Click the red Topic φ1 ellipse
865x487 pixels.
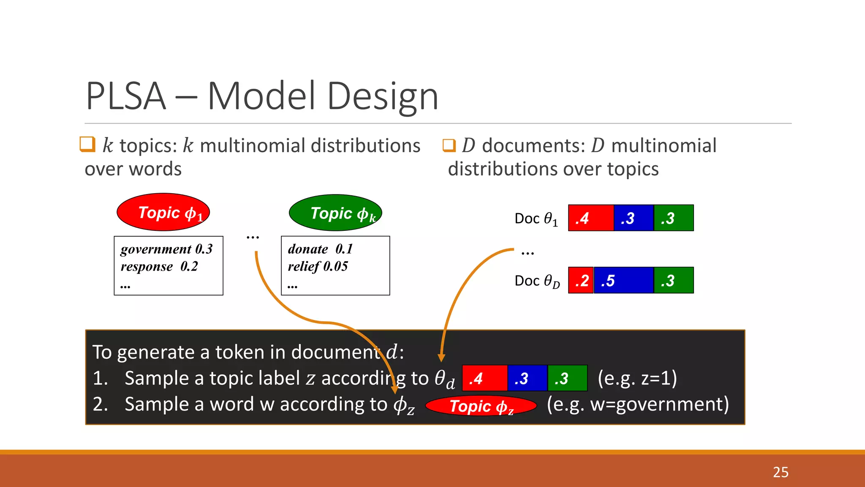[x=163, y=212]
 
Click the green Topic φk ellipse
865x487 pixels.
[x=335, y=213]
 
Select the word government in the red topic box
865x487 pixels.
[x=156, y=249]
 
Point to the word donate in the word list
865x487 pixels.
[x=308, y=249]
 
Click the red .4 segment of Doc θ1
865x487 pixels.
[x=590, y=218]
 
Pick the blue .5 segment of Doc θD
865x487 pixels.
[x=623, y=280]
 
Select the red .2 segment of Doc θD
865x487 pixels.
[x=581, y=280]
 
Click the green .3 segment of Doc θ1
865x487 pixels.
[x=673, y=218]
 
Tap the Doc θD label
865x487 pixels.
[x=537, y=281]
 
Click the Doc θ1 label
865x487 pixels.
[x=536, y=219]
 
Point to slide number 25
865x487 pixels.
[x=781, y=472]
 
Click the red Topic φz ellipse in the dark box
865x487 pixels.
[x=481, y=406]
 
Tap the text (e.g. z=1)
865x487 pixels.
[x=637, y=378]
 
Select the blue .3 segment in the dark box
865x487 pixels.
[x=527, y=378]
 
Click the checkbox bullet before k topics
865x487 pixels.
[x=87, y=144]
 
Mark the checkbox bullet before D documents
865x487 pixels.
[x=449, y=145]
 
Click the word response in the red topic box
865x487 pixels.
[x=147, y=267]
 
